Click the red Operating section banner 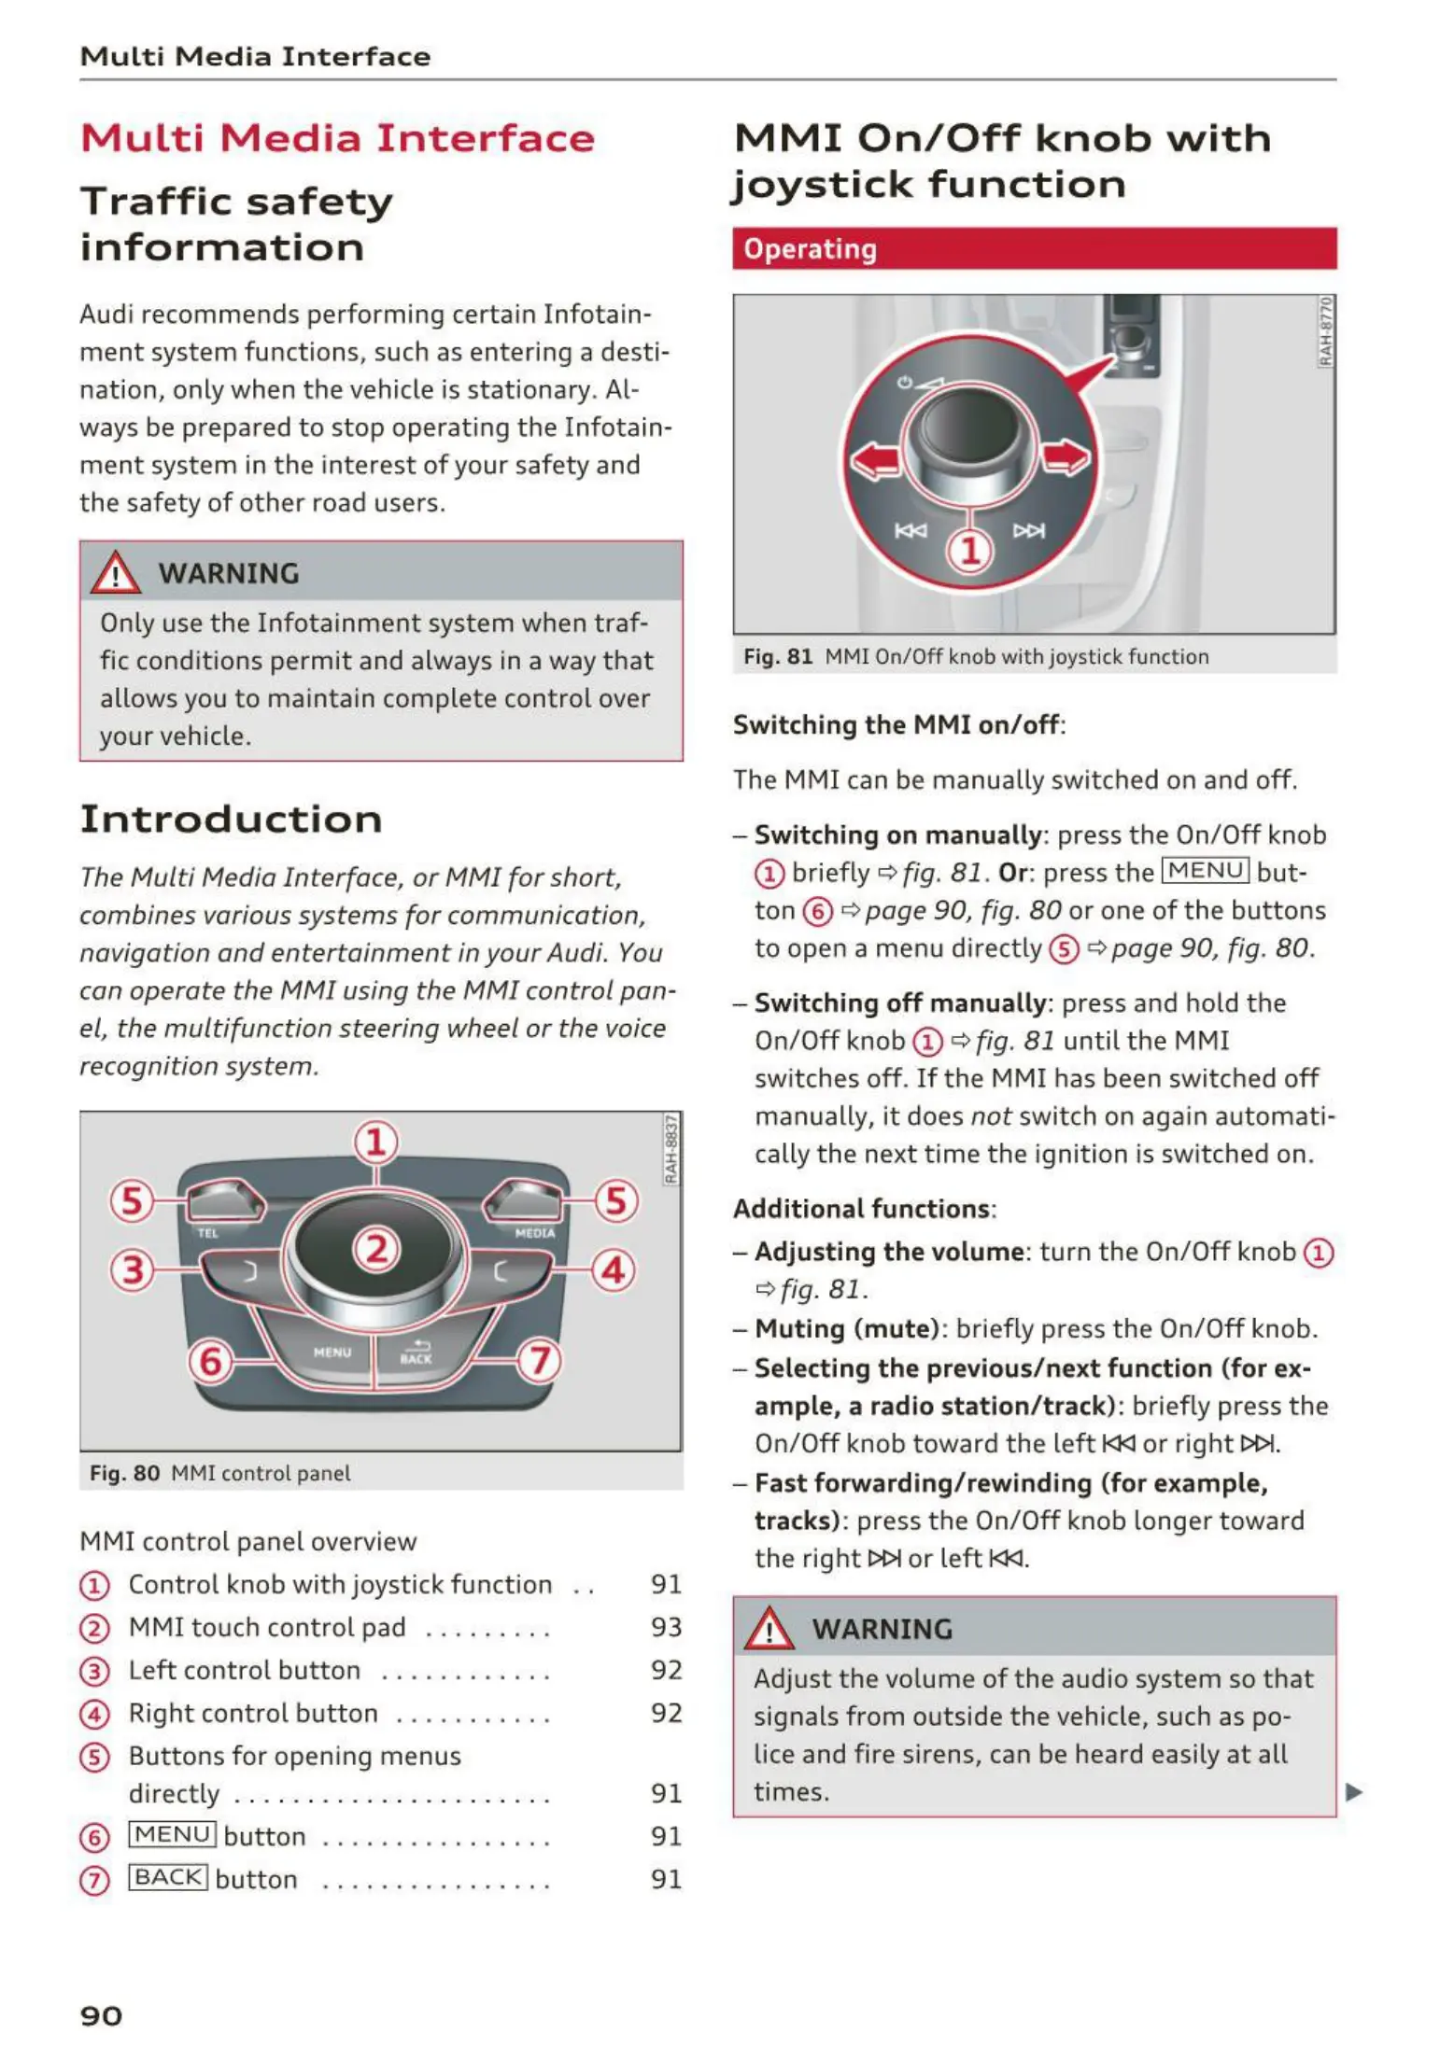(x=1034, y=249)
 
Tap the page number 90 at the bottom (x=101, y=2016)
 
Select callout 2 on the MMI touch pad (x=376, y=1249)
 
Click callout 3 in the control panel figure (x=133, y=1270)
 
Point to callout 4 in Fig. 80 (x=613, y=1270)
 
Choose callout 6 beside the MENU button (x=211, y=1361)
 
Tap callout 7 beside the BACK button (x=540, y=1361)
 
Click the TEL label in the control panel (x=207, y=1234)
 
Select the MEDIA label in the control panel (x=534, y=1234)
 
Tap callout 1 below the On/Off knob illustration (x=970, y=551)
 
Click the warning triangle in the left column (x=115, y=573)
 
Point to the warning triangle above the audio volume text (x=769, y=1629)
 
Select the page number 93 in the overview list (x=666, y=1627)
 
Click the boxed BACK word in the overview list (x=168, y=1877)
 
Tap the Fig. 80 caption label (x=124, y=1473)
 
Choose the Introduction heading (x=232, y=820)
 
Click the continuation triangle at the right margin (x=1354, y=1792)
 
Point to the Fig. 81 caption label (x=778, y=657)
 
